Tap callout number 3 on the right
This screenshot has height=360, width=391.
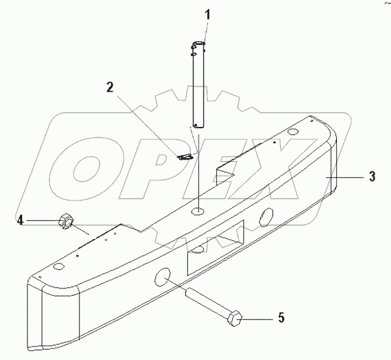371,175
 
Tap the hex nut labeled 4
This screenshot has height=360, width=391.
66,223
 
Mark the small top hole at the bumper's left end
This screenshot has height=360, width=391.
58,267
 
